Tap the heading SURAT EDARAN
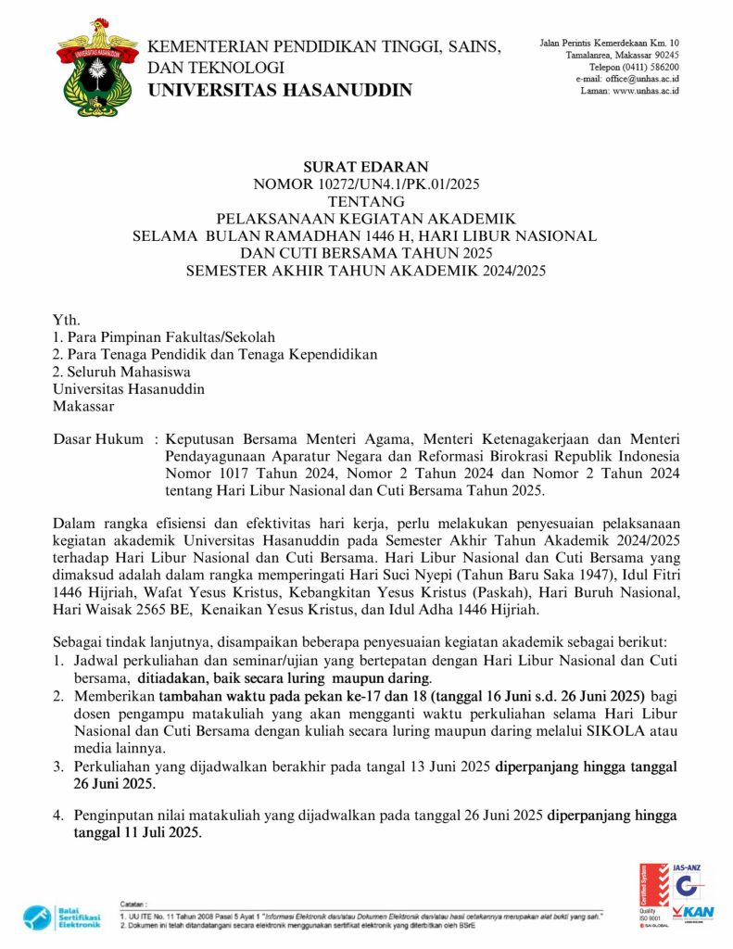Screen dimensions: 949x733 (x=366, y=167)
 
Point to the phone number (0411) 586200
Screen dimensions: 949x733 (x=649, y=67)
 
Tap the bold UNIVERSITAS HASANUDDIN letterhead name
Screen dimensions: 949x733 (x=280, y=90)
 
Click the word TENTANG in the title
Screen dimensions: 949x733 (x=366, y=201)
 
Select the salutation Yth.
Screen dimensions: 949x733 (x=67, y=320)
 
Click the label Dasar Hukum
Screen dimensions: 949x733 (x=98, y=438)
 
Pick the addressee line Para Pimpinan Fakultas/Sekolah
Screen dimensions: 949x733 (x=170, y=337)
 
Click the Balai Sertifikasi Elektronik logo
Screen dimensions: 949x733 (x=63, y=916)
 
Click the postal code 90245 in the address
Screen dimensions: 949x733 (x=663, y=55)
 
